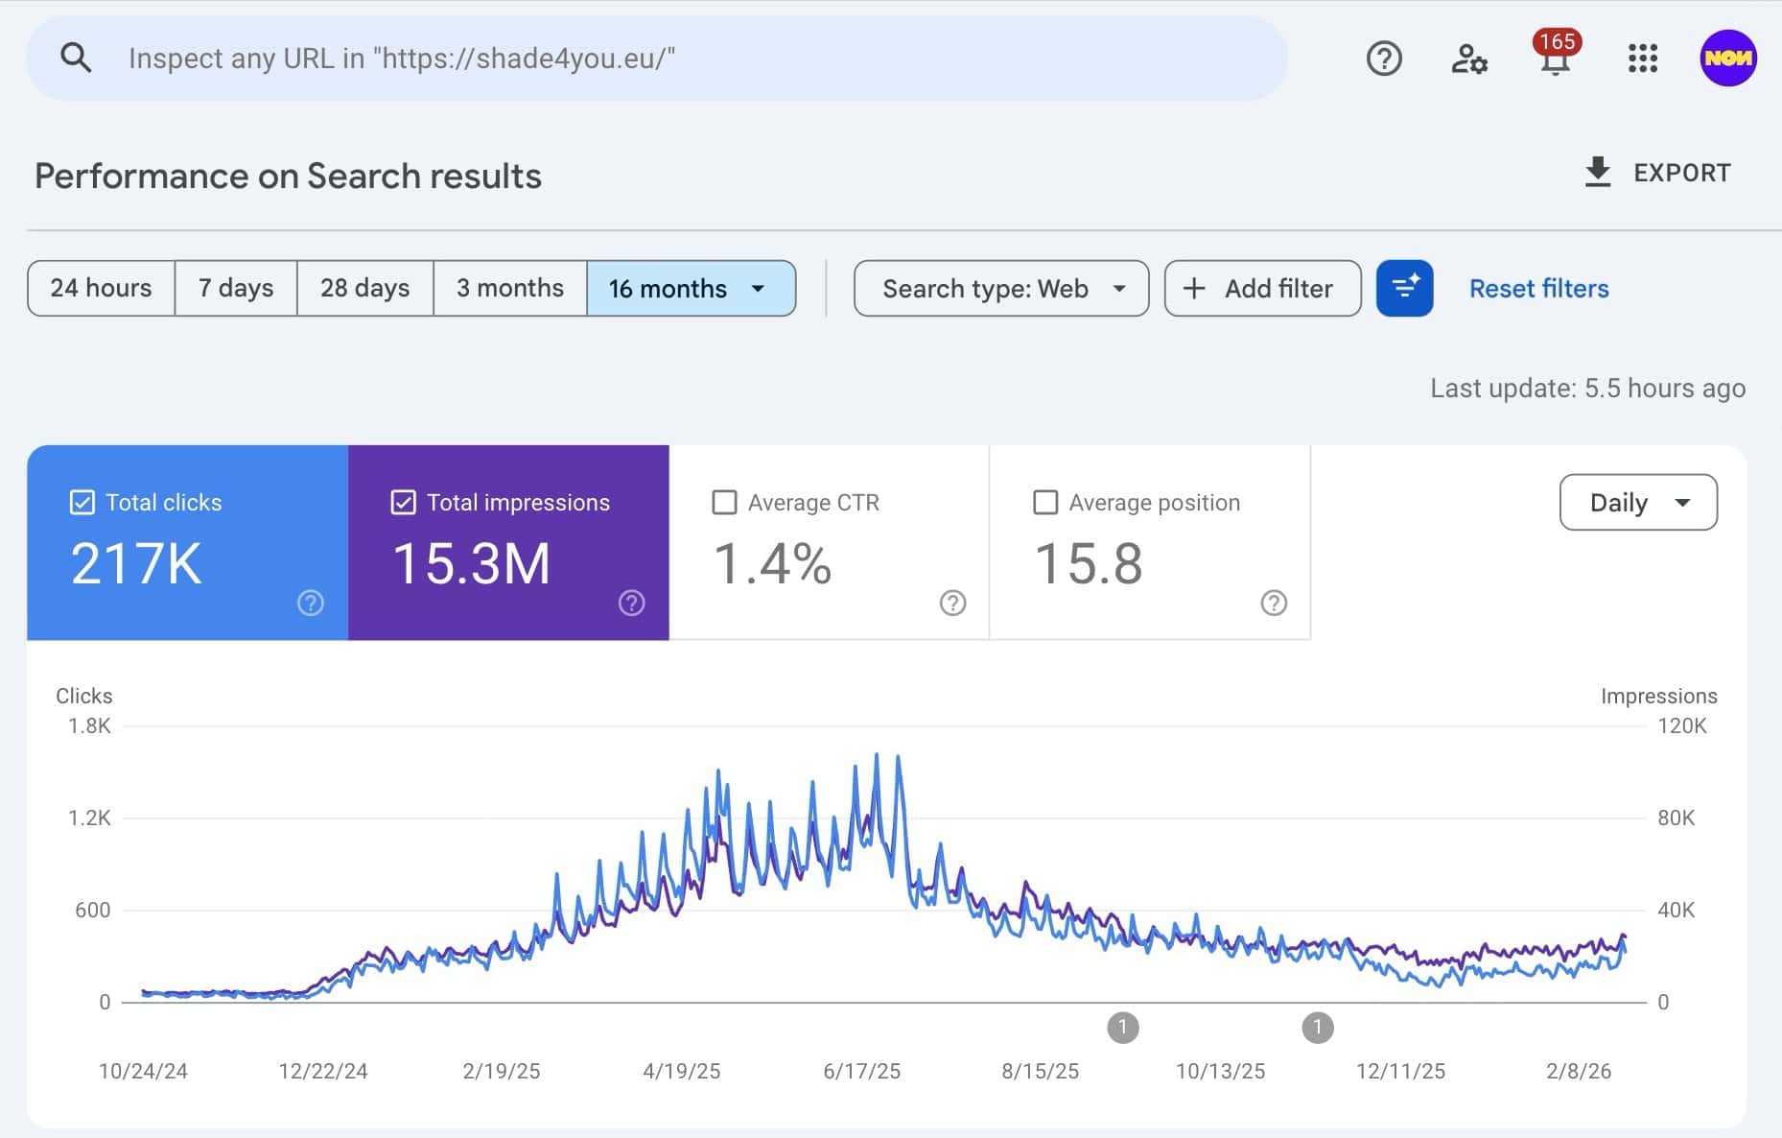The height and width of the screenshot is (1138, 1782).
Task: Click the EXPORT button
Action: tap(1657, 173)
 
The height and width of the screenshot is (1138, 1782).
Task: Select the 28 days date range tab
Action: tap(364, 288)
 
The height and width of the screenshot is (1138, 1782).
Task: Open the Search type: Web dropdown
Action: tap(1001, 288)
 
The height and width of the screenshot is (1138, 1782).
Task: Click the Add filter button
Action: tap(1262, 288)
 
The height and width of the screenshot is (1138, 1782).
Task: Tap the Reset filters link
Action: tap(1538, 288)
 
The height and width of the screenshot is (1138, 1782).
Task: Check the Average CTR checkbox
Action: tap(725, 503)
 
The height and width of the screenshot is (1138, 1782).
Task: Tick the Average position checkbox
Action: tap(1045, 503)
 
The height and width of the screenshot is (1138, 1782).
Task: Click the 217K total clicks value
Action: tap(136, 563)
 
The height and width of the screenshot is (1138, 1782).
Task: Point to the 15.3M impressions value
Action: tap(472, 563)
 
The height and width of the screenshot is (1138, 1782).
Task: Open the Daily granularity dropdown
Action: tap(1638, 502)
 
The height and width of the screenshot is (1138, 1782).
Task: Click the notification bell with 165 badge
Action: tap(1555, 58)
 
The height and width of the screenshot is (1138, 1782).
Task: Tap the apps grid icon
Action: tap(1642, 59)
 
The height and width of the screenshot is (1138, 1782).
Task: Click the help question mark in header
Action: tap(1384, 59)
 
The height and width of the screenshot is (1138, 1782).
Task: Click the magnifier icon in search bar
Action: tap(76, 59)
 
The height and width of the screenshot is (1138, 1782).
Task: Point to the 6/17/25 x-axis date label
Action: tap(861, 1071)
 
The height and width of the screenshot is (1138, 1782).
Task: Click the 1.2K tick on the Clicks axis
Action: tap(89, 818)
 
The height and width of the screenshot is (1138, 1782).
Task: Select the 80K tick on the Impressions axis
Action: tap(1676, 818)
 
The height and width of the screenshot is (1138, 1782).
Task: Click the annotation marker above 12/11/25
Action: tap(1317, 1028)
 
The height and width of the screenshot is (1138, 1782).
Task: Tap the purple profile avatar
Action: tap(1727, 59)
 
